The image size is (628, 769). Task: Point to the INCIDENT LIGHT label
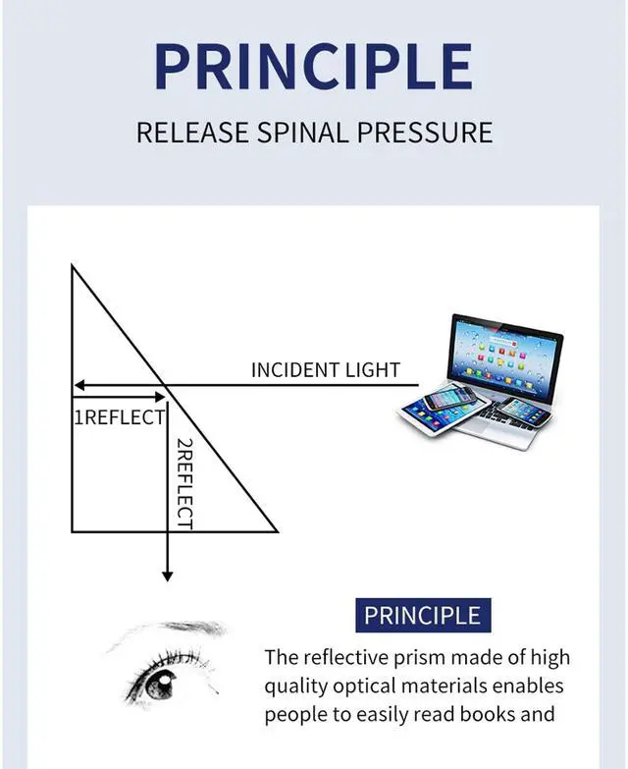tap(326, 370)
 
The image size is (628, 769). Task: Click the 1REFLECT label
tap(119, 417)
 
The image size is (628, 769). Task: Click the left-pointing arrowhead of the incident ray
tap(79, 386)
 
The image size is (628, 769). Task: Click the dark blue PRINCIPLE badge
tap(422, 616)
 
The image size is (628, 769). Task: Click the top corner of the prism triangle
tap(72, 264)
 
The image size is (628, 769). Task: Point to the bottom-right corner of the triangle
tap(278, 532)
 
